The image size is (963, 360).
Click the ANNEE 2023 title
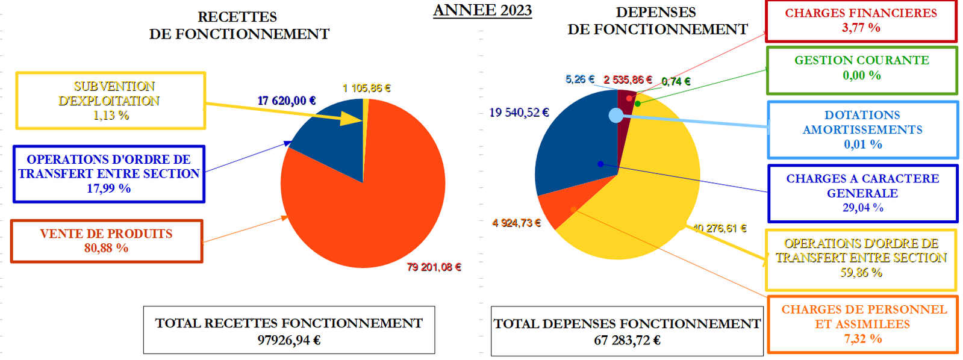pos(482,10)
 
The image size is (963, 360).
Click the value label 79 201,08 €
pos(434,267)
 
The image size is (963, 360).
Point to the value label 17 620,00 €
pos(287,101)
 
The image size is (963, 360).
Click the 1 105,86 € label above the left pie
pos(366,88)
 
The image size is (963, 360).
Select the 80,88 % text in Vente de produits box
pos(106,248)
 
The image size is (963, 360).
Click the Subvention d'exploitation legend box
pos(111,101)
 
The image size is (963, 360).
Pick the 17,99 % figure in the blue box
pos(108,188)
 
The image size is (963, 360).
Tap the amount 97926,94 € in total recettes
pos(289,340)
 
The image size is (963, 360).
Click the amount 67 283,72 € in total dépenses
pos(627,340)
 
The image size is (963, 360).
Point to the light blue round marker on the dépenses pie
pos(616,115)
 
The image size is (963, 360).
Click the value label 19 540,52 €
pos(519,113)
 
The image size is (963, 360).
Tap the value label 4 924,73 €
pos(516,223)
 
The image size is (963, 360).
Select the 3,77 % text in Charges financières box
pos(861,28)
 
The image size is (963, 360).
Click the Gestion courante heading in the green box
pos(861,60)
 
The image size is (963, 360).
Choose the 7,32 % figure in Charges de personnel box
pos(862,339)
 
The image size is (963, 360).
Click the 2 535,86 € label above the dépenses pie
pos(628,79)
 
